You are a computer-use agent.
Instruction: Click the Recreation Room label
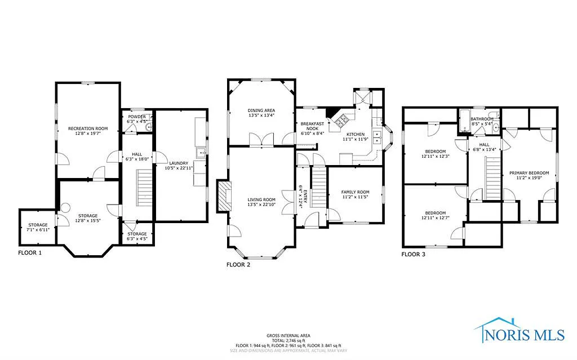point(88,129)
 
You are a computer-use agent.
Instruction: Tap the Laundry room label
point(179,163)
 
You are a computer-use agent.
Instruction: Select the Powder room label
point(137,117)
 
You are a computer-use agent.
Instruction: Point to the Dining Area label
point(261,110)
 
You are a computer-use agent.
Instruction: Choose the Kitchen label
point(356,134)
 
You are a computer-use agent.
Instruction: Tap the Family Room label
point(355,192)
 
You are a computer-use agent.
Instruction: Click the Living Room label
point(261,199)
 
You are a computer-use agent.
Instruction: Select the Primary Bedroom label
point(529,173)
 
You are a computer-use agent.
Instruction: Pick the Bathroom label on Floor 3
point(482,119)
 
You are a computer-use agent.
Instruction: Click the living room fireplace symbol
point(224,195)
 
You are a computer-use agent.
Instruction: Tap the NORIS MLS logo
point(519,331)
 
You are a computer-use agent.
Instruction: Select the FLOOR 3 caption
point(413,254)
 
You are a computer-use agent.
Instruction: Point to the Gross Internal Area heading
point(288,335)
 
